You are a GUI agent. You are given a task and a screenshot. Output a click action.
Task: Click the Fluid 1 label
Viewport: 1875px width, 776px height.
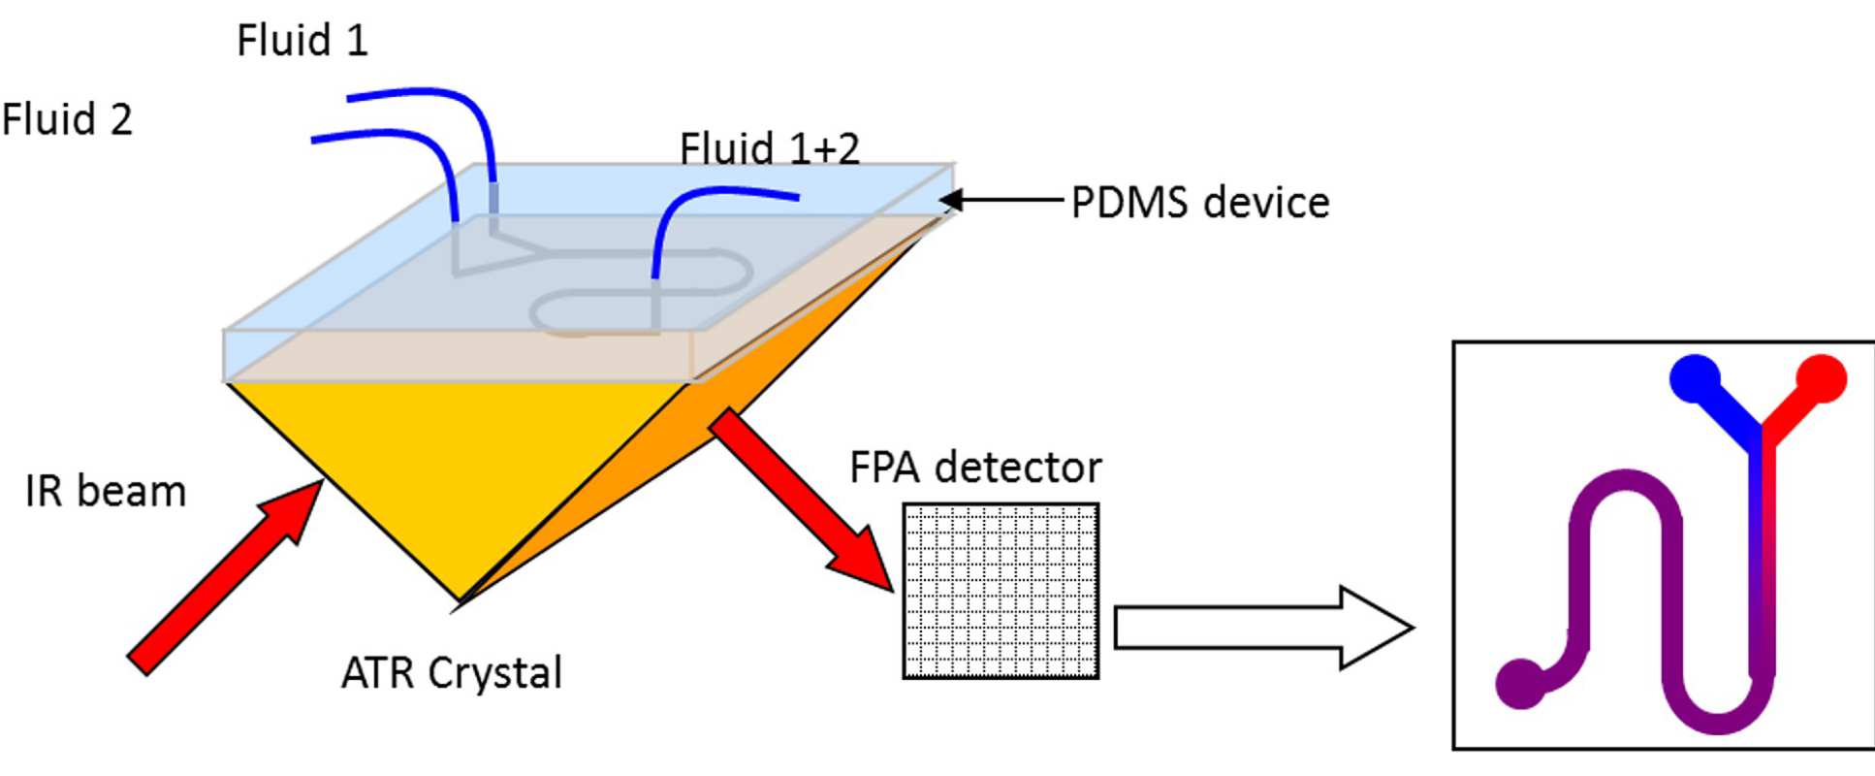point(302,41)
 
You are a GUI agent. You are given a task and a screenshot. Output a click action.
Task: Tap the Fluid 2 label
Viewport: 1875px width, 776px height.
point(67,120)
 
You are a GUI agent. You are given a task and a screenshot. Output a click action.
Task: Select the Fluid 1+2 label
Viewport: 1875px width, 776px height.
point(769,148)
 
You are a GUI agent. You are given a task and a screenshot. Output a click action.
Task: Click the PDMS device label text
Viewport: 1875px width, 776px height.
point(1200,203)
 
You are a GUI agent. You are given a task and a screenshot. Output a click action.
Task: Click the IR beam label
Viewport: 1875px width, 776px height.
point(106,491)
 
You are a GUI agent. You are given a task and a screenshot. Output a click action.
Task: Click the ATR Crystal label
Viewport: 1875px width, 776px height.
point(452,672)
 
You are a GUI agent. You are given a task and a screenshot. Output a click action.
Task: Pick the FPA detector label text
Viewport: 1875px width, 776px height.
point(975,468)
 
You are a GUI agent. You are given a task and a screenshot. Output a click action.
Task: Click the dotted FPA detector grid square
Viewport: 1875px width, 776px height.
point(1001,591)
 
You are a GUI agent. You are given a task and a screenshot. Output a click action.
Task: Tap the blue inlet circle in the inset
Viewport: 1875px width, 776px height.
point(1695,379)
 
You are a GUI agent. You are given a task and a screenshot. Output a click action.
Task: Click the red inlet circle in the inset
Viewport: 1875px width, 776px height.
point(1822,378)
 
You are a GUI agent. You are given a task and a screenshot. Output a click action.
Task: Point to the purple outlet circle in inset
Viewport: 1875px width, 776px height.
point(1520,683)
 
